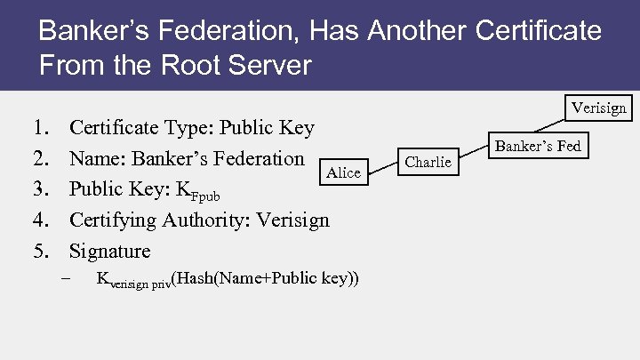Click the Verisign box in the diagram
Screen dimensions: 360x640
coord(598,108)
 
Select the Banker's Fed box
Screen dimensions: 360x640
coord(537,146)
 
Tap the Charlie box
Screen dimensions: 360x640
coord(428,161)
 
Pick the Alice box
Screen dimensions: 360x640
coord(343,172)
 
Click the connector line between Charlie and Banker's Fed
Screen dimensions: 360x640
coord(471,154)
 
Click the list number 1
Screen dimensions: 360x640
coord(42,128)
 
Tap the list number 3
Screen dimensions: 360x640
coord(42,189)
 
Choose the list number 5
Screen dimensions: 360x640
coord(42,251)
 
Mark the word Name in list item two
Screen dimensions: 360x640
coord(95,159)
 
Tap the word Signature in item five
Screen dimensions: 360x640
coord(109,251)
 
